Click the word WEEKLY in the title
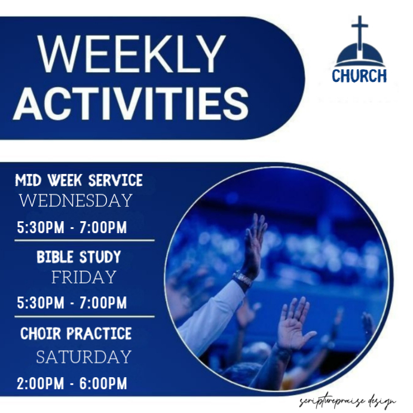(x=133, y=55)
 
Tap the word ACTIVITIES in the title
(x=131, y=102)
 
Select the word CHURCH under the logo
(x=359, y=76)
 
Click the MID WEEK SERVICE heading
(x=79, y=180)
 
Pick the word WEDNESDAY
(x=75, y=201)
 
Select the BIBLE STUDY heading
(x=79, y=257)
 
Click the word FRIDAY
(x=83, y=277)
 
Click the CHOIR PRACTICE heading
(x=76, y=333)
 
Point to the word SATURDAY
(x=83, y=357)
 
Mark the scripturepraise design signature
(x=347, y=401)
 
